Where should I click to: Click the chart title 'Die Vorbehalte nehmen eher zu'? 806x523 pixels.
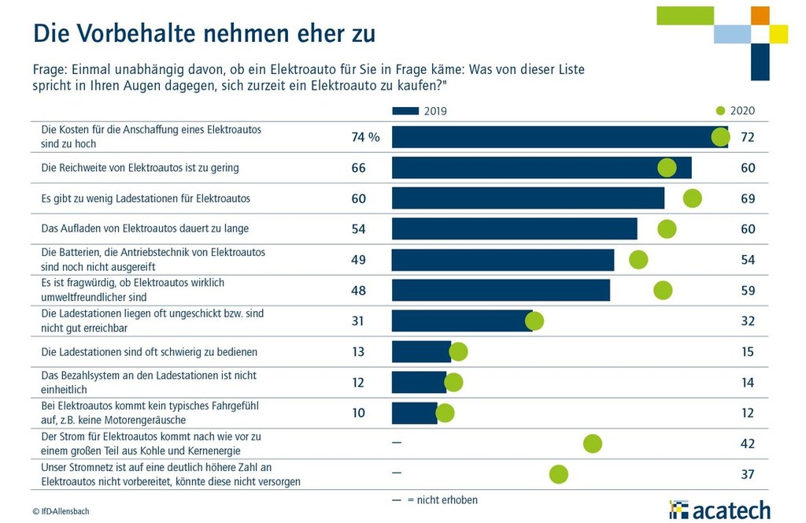click(204, 33)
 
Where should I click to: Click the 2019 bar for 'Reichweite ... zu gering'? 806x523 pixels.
click(542, 168)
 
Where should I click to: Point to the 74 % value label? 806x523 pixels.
click(365, 137)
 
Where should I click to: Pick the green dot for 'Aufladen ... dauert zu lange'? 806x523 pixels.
click(667, 228)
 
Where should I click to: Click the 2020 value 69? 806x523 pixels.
click(748, 198)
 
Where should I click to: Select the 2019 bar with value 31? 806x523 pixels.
click(462, 321)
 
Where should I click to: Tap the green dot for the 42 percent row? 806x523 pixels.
click(593, 443)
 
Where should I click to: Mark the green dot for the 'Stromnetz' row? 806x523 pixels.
click(559, 474)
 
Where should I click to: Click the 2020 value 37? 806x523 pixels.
click(748, 474)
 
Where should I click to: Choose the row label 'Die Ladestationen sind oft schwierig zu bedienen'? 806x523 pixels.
click(149, 351)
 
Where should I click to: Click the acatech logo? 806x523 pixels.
click(719, 510)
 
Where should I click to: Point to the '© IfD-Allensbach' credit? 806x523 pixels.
click(61, 511)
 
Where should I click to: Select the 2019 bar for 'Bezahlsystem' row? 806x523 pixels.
click(419, 382)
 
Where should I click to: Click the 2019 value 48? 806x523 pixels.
click(358, 290)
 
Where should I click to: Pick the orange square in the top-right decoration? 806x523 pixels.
click(760, 15)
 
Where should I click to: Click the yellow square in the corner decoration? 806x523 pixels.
click(778, 34)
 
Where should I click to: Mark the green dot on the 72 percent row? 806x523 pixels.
click(720, 137)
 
